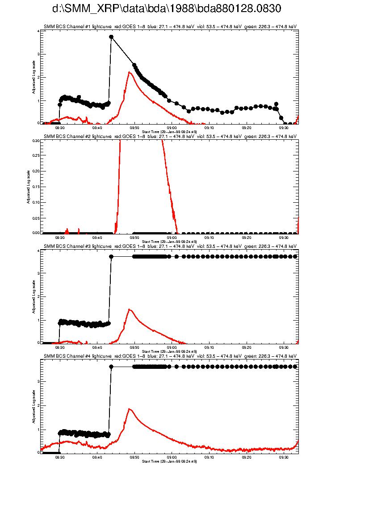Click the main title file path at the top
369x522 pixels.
(x=167, y=9)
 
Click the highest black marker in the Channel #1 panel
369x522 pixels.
(x=111, y=37)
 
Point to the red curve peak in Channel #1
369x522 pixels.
(x=129, y=72)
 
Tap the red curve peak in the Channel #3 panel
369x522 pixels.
(x=129, y=309)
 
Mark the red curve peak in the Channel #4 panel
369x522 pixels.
(x=129, y=409)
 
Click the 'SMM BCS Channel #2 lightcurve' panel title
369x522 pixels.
(x=170, y=136)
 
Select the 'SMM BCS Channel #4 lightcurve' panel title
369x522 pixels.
(x=170, y=356)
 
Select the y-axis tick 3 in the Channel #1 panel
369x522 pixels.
(x=38, y=54)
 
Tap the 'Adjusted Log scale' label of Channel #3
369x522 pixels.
(x=33, y=296)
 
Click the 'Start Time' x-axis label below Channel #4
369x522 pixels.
(x=169, y=461)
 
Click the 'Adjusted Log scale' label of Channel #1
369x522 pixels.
(x=33, y=77)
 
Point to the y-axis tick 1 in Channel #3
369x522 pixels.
(x=38, y=320)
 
